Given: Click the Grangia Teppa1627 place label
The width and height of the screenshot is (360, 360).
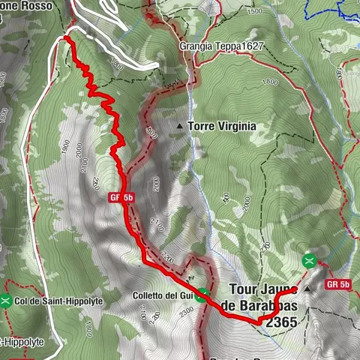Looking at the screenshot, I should [221, 46].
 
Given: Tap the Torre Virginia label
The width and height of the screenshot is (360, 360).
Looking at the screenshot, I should [222, 127].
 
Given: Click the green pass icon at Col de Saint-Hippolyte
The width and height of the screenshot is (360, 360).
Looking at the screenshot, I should [6, 301].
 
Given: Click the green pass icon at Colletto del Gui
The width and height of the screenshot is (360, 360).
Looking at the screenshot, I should [202, 295].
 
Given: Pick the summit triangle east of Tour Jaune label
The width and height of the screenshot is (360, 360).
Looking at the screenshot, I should [307, 289].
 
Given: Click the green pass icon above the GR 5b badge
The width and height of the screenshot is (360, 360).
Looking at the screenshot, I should [308, 260].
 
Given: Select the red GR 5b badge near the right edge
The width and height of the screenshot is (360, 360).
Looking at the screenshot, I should [339, 285].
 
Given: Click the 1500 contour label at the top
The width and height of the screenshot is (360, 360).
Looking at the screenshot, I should [255, 12].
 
